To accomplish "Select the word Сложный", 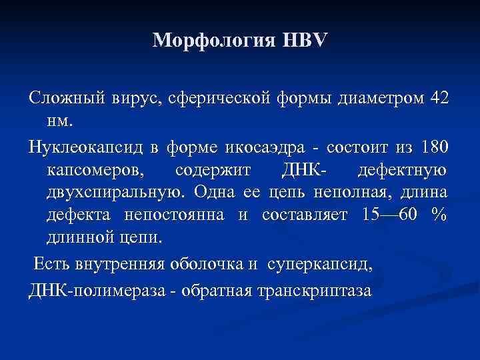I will click(61, 99).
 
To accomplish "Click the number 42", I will click(440, 99).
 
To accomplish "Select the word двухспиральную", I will click(118, 194).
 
